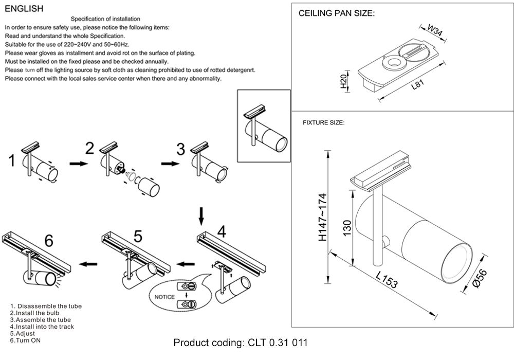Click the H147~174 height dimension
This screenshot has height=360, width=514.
(x=323, y=218)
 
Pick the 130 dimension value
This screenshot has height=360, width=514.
(x=347, y=227)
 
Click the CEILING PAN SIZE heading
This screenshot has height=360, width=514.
(x=337, y=14)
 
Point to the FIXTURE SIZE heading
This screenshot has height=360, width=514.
(x=323, y=123)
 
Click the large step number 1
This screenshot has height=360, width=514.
(x=12, y=161)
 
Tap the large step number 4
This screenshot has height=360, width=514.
(x=222, y=232)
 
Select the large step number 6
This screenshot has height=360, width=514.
(x=49, y=240)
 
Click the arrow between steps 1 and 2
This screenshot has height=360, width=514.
(x=78, y=164)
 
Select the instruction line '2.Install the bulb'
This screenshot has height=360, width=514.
(x=35, y=313)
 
